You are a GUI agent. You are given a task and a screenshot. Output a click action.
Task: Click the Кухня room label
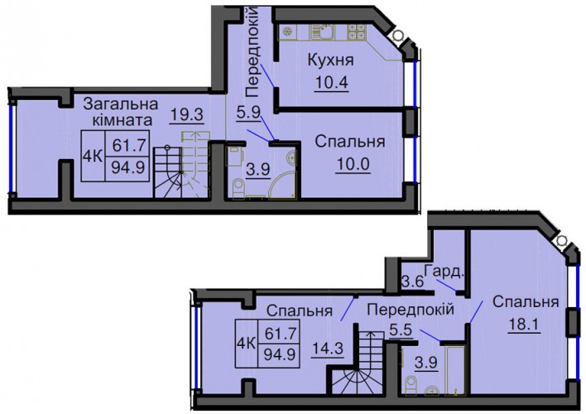pos(330,60)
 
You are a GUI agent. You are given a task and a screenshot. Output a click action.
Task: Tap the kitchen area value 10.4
pos(332,82)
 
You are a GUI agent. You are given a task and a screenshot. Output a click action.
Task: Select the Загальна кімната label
pos(121,112)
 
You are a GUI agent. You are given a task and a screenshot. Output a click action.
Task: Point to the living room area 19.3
pos(186,114)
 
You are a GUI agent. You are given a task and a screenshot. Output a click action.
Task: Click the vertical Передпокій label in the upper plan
pos(253,51)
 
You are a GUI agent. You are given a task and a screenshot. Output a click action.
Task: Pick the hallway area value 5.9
pos(248,112)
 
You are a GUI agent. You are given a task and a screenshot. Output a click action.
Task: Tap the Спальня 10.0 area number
pos(353,164)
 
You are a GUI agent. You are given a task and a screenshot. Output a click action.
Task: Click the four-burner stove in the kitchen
pos(356,31)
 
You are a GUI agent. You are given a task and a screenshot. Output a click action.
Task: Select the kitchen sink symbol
pos(322,31)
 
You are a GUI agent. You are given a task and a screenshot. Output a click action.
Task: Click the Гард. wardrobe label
pos(444,272)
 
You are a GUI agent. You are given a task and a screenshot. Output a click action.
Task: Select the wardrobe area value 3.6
pos(413,281)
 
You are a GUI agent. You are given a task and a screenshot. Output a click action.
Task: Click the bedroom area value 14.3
pos(327,349)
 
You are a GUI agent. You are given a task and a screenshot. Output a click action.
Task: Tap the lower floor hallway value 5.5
pos(401,330)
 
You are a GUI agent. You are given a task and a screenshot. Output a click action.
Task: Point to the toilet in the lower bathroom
pos(411,385)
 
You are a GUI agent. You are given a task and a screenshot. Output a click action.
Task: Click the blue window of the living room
pos(12,147)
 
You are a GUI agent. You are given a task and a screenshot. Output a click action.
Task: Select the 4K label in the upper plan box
pos(93,156)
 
